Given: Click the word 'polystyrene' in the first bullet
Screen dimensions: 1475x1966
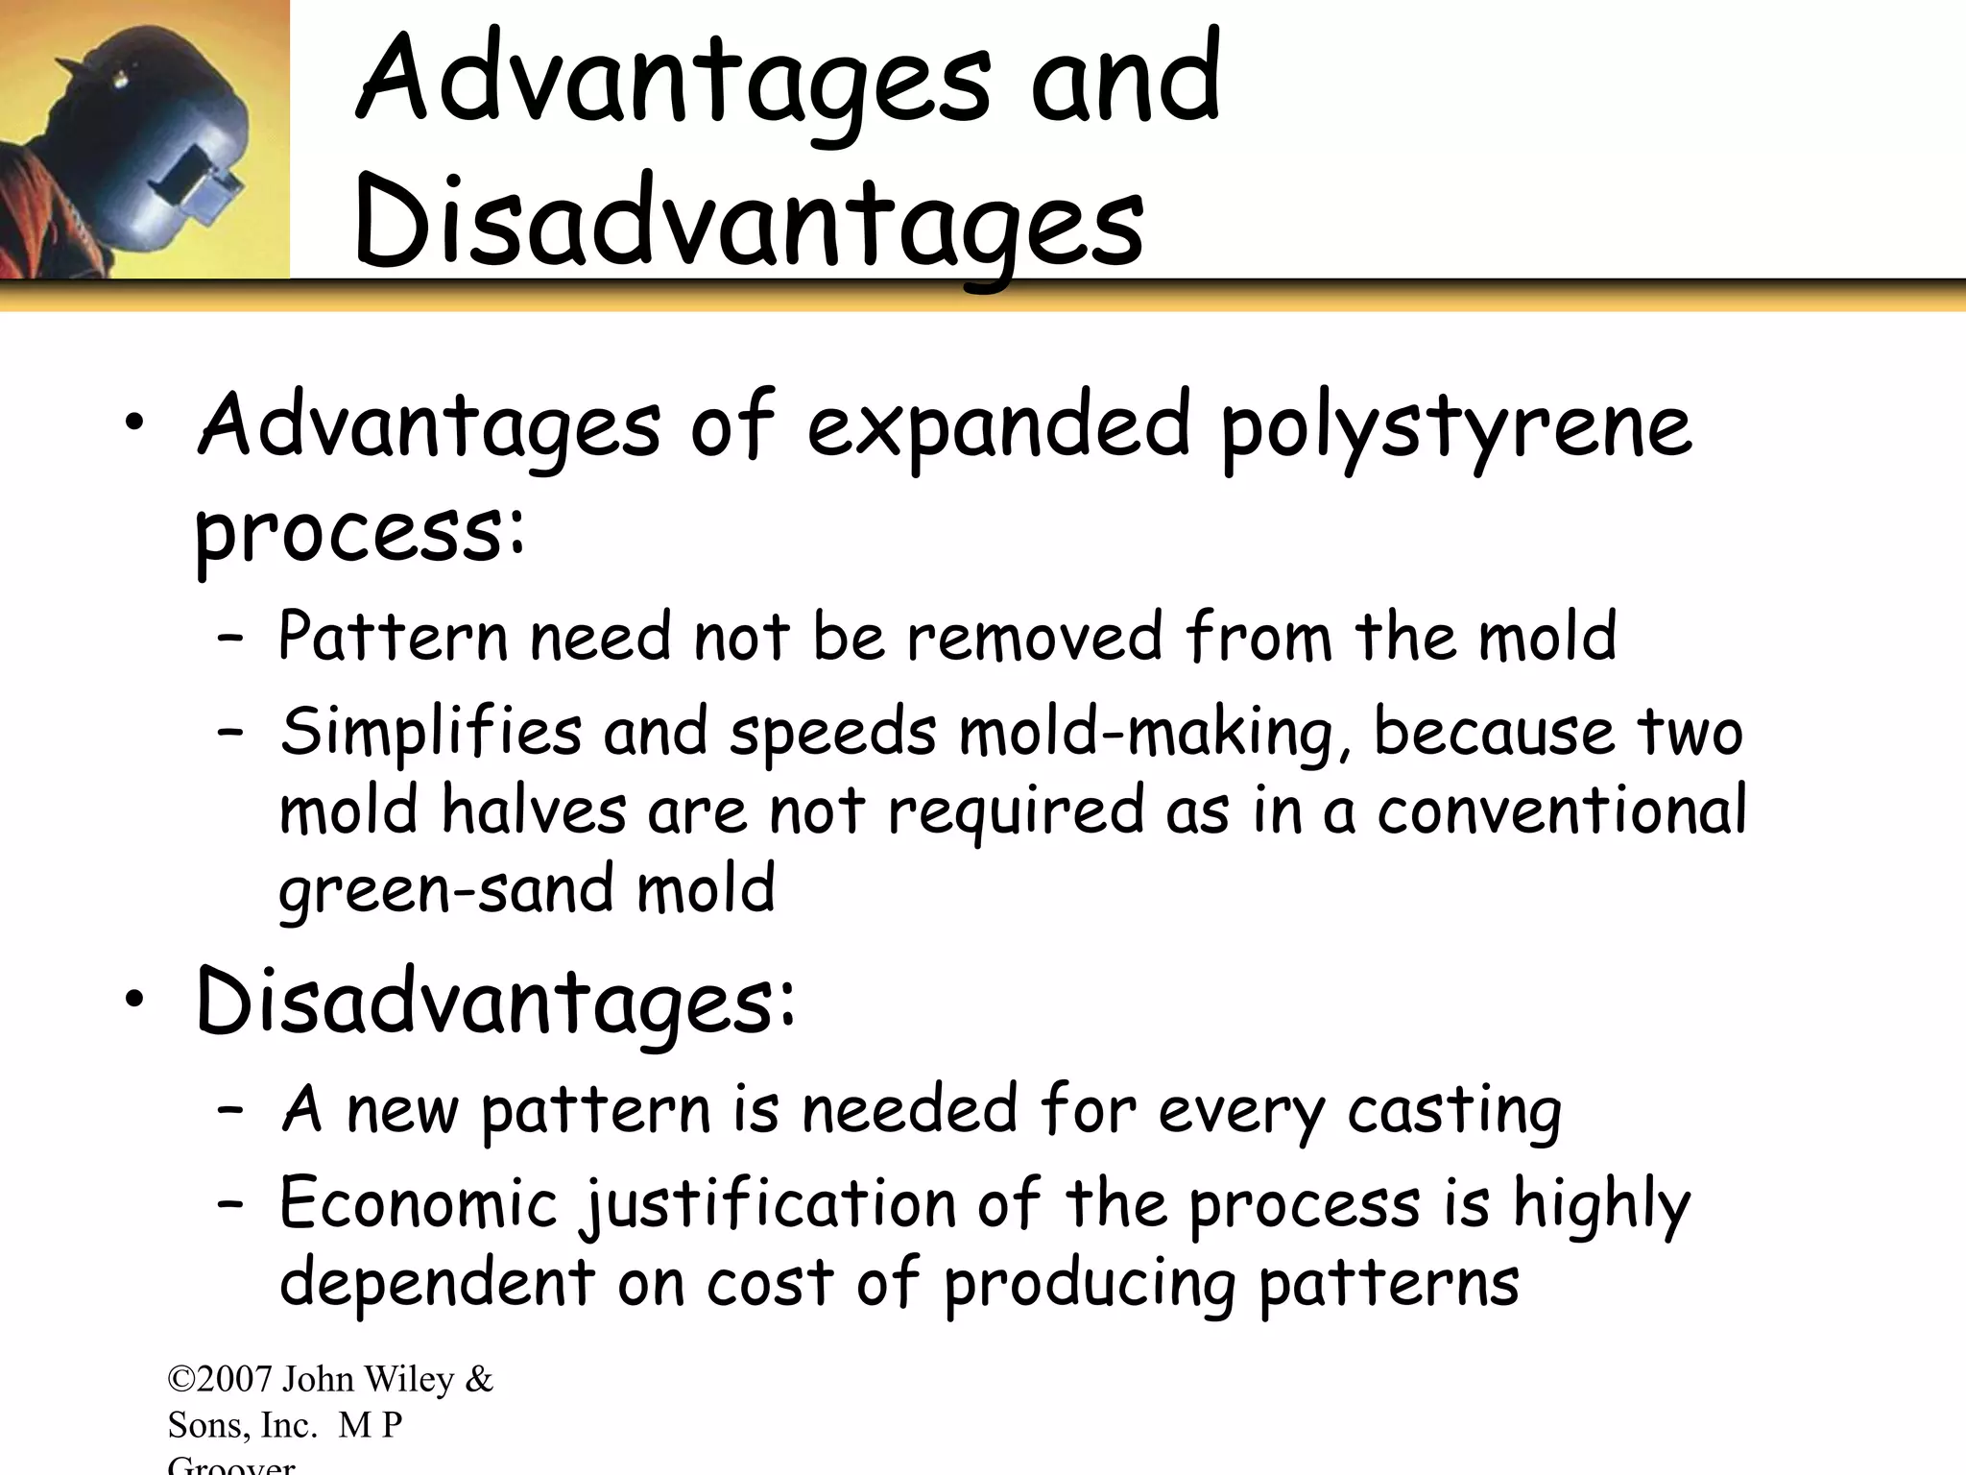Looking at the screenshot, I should click(1456, 429).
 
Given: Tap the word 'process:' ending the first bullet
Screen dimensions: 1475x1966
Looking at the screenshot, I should click(360, 534).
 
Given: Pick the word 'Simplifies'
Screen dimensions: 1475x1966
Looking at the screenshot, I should click(431, 733).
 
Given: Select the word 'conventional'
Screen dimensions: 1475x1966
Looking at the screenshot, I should click(1562, 811).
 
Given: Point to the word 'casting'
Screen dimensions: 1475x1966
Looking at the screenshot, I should click(1454, 1112).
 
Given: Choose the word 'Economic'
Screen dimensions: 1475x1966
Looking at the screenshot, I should click(419, 1204).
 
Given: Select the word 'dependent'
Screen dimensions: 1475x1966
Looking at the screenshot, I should click(437, 1284).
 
